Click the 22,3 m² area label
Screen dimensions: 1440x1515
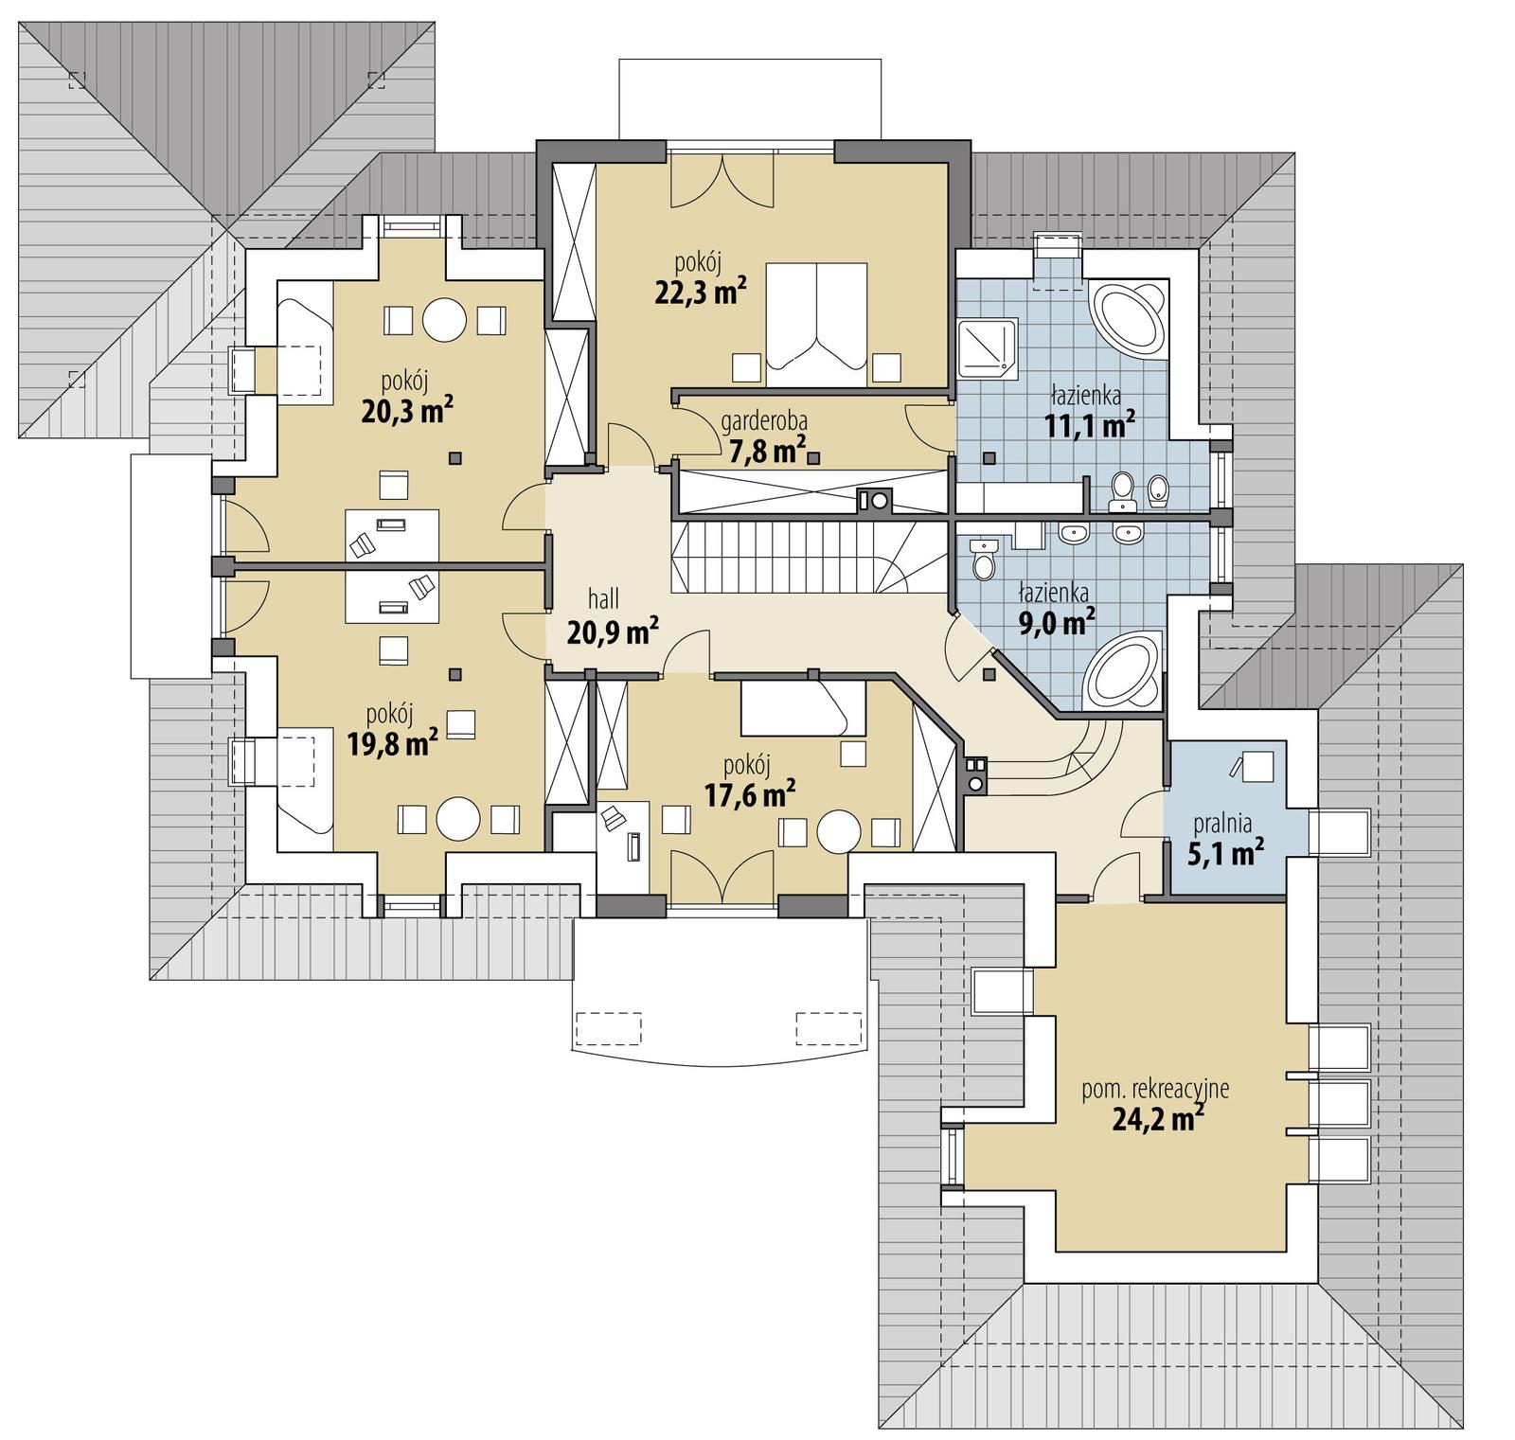(x=695, y=293)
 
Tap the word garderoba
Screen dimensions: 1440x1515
(x=763, y=420)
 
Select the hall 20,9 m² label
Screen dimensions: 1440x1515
(x=612, y=617)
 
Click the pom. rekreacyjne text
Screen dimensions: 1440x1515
(x=1155, y=1089)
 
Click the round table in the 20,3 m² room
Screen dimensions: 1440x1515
(x=444, y=320)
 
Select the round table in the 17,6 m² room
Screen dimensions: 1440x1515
(x=838, y=831)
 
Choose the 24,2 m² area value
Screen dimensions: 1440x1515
(x=1157, y=1121)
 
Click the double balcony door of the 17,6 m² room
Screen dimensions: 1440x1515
(x=722, y=876)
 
